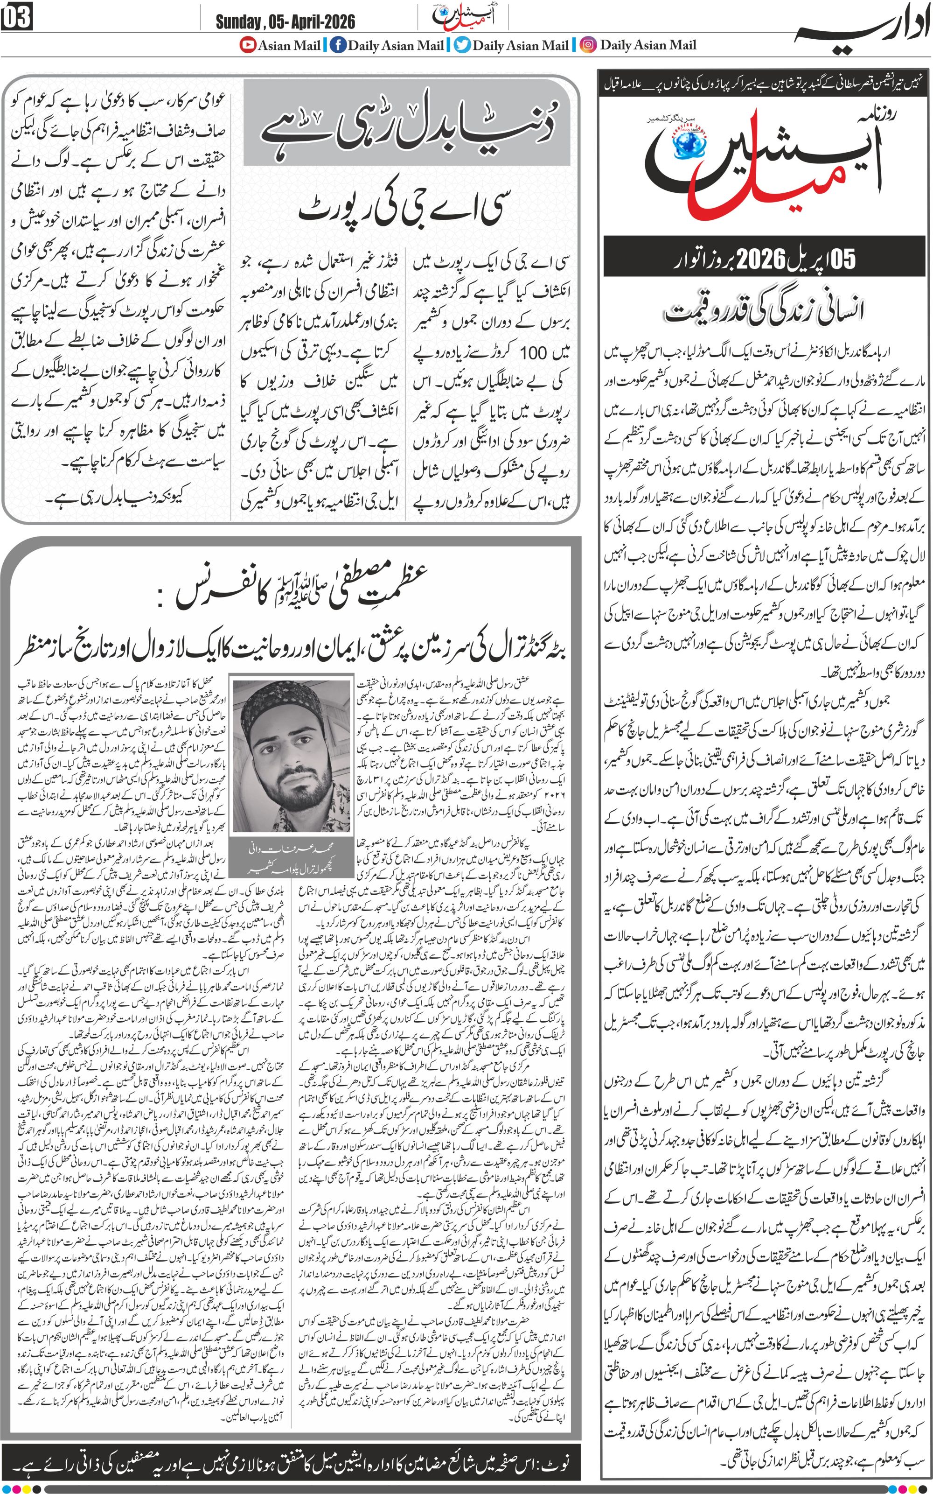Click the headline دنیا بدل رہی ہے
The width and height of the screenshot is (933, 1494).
tap(411, 122)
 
